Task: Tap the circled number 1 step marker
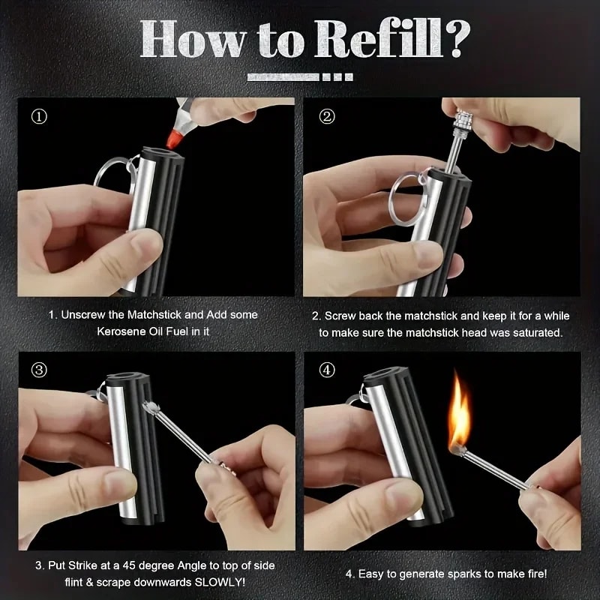click(38, 116)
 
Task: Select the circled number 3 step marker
click(38, 370)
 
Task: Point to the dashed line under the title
click(300, 76)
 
